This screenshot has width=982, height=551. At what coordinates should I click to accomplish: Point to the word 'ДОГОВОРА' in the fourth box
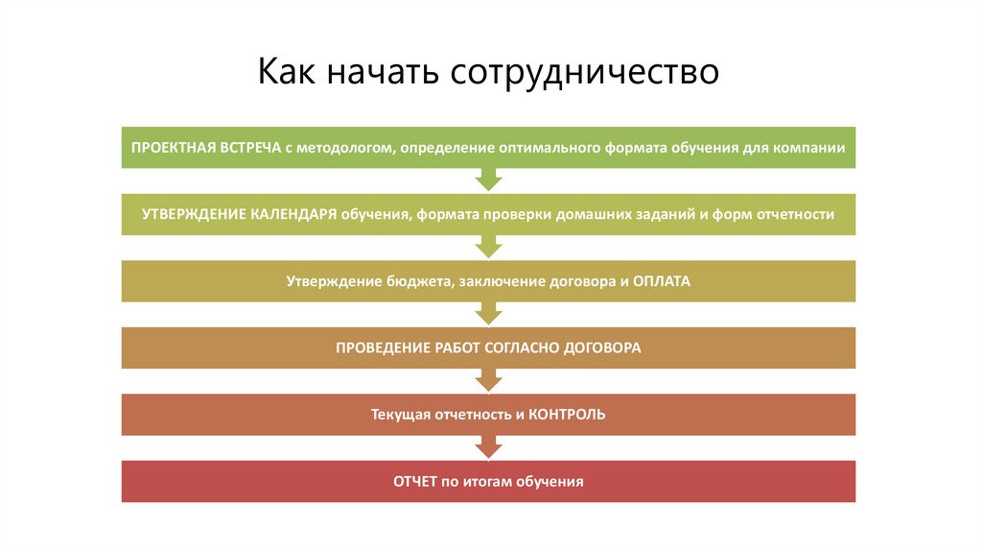[600, 347]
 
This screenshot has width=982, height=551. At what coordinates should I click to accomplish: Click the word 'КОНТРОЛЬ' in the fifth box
[567, 415]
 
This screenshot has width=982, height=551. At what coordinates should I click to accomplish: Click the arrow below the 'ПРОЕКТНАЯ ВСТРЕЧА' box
[489, 180]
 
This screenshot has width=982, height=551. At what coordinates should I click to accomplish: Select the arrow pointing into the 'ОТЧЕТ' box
[489, 446]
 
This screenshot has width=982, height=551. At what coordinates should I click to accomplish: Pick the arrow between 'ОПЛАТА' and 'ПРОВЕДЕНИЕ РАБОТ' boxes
[489, 313]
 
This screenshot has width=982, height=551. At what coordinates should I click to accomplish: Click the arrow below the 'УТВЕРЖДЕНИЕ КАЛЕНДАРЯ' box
[489, 247]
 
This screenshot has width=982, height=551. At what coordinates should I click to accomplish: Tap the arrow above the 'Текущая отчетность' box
[489, 380]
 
